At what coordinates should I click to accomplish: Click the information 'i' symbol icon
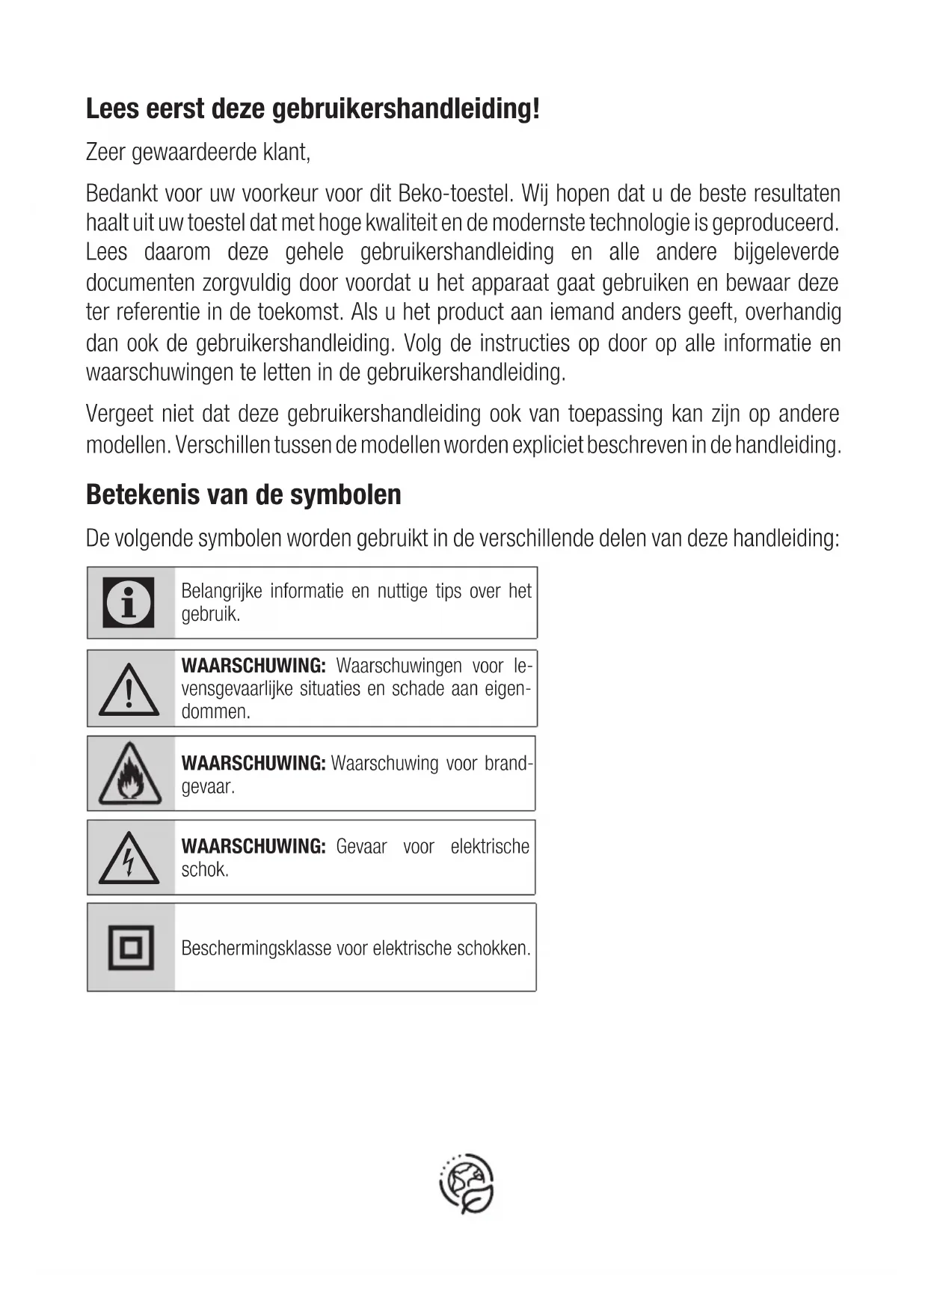click(x=129, y=602)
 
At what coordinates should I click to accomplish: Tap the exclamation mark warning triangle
click(x=129, y=690)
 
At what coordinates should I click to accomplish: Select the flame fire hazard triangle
click(x=129, y=773)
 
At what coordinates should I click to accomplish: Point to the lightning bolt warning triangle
click(x=129, y=858)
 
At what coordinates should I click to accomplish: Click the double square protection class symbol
click(x=131, y=948)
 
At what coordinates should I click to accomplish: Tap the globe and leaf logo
click(x=467, y=1183)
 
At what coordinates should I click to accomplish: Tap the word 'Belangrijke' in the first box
click(x=221, y=591)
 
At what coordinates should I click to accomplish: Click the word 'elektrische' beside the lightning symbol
click(x=490, y=847)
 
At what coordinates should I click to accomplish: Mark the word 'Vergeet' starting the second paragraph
click(x=120, y=414)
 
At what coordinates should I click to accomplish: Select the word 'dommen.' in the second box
click(x=216, y=711)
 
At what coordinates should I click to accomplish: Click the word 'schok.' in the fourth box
click(x=205, y=869)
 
